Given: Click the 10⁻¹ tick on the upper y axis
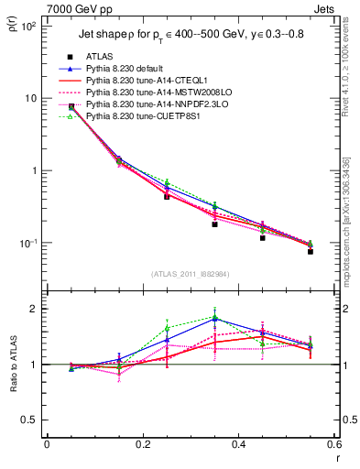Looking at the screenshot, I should click(x=29, y=243).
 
